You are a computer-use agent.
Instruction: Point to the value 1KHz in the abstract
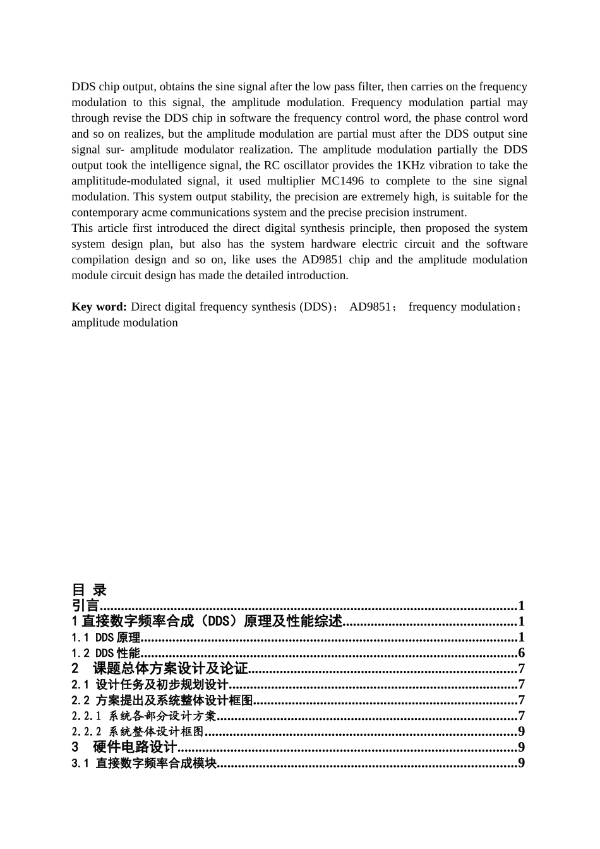pos(411,165)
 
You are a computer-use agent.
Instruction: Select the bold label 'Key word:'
pos(99,306)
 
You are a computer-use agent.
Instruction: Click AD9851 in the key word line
pos(370,306)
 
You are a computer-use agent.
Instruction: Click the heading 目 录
pos(89,590)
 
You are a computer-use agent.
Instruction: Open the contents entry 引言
pos(86,606)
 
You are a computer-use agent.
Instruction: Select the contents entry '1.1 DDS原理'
pos(105,637)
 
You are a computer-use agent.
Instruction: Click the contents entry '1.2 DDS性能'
pos(105,653)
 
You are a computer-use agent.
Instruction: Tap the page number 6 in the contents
pos(521,653)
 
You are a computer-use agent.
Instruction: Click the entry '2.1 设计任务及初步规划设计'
pos(150,684)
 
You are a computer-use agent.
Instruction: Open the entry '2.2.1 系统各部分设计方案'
pos(144,716)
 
